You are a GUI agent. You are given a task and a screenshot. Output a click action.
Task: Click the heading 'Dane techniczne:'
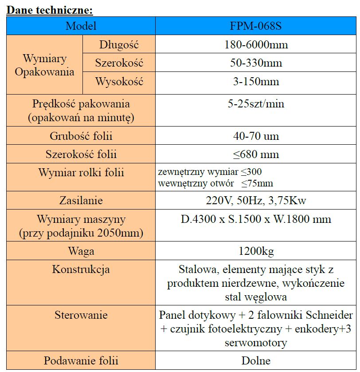click(49, 9)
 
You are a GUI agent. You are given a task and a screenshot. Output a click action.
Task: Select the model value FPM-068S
click(256, 26)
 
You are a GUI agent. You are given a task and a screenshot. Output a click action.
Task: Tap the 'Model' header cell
click(81, 26)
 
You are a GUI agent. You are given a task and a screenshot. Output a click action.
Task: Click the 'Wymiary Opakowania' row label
click(44, 65)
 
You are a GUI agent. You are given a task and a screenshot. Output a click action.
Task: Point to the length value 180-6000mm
click(256, 44)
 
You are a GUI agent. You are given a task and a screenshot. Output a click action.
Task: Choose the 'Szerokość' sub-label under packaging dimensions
click(119, 63)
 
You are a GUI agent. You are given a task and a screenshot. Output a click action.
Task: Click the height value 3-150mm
click(256, 82)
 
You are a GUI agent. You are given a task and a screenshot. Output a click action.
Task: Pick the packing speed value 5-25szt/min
click(256, 104)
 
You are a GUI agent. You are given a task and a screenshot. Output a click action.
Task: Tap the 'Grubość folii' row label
click(81, 136)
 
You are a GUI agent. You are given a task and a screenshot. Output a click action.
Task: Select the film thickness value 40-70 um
click(256, 136)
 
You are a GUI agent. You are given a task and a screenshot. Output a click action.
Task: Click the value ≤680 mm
click(256, 154)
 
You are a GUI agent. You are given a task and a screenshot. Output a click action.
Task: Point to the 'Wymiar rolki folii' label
click(81, 173)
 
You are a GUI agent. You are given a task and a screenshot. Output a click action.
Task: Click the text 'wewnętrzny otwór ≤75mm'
click(215, 183)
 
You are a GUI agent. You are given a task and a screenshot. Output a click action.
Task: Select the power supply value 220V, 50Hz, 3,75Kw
click(256, 200)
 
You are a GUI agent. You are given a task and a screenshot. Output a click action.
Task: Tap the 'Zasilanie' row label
click(81, 200)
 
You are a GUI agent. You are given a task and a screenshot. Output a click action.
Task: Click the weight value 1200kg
click(256, 251)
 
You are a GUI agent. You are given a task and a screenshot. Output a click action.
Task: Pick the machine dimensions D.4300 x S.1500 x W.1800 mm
click(256, 219)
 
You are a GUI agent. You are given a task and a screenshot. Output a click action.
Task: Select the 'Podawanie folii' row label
click(81, 360)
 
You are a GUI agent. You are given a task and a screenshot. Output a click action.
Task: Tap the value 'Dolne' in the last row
click(256, 360)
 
